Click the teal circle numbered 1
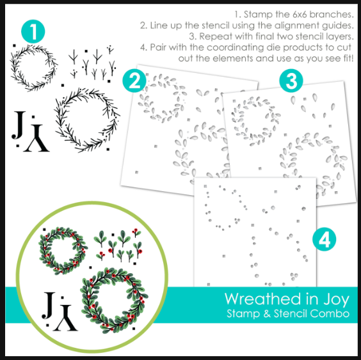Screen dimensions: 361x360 (x=33, y=31)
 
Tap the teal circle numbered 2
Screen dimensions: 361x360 (x=134, y=81)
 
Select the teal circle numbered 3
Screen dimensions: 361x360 (x=291, y=81)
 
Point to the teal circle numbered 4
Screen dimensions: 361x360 (x=324, y=239)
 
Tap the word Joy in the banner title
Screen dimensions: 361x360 (x=337, y=300)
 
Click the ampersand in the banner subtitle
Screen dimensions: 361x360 (x=267, y=314)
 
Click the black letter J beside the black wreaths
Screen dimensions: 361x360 (x=18, y=125)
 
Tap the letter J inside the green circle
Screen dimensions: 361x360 (x=49, y=306)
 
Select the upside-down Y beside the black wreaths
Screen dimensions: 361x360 (x=36, y=138)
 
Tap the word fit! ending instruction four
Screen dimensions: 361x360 (x=348, y=58)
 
